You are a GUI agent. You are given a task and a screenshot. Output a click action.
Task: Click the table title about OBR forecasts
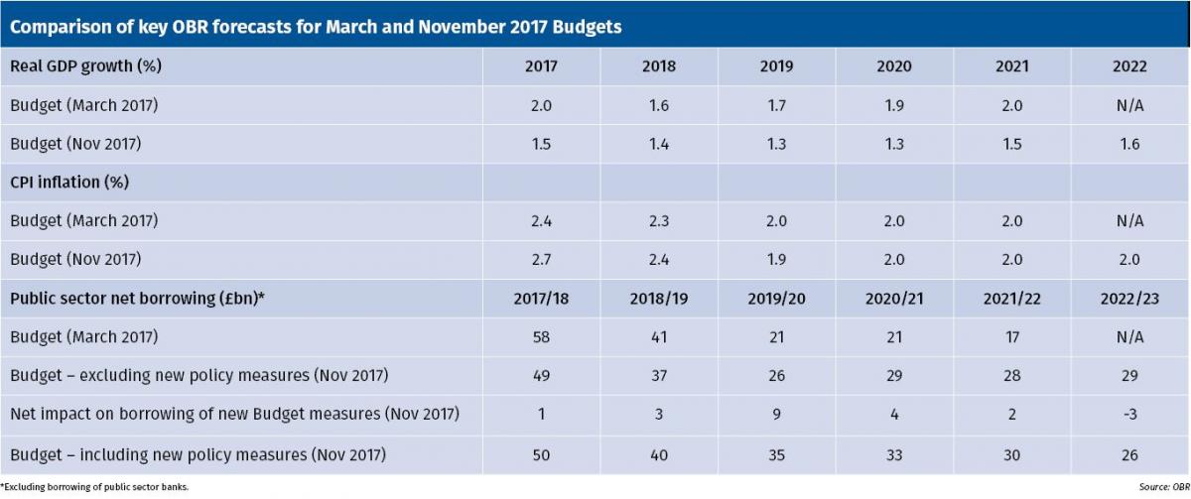click(x=316, y=27)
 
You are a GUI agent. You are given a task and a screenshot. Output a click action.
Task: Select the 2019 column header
click(x=776, y=66)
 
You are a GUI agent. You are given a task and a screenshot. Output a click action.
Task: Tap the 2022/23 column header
click(x=1129, y=299)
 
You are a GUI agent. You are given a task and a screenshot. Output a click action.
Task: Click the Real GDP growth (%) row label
click(x=85, y=66)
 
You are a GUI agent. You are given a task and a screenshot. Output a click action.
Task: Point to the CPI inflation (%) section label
click(x=70, y=183)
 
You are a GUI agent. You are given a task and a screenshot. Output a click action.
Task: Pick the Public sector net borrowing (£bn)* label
click(x=137, y=299)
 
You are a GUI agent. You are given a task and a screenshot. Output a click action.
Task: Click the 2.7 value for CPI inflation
click(x=541, y=260)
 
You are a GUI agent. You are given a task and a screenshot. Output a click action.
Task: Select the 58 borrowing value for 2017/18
click(x=541, y=337)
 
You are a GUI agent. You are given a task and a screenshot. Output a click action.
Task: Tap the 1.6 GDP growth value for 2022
click(x=1129, y=144)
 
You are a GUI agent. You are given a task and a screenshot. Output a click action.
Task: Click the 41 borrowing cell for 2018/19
click(x=658, y=337)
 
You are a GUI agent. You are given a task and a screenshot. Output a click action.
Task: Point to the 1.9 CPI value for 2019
click(x=776, y=260)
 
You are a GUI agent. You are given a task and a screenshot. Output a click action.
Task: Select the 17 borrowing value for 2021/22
click(x=1011, y=337)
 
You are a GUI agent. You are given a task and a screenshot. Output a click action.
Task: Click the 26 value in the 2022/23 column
click(x=1129, y=455)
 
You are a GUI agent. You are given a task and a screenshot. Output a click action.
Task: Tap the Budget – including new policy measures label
click(x=198, y=455)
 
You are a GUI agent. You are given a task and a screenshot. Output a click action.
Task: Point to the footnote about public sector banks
click(x=95, y=487)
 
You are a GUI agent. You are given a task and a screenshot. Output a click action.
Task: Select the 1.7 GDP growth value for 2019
click(x=776, y=105)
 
